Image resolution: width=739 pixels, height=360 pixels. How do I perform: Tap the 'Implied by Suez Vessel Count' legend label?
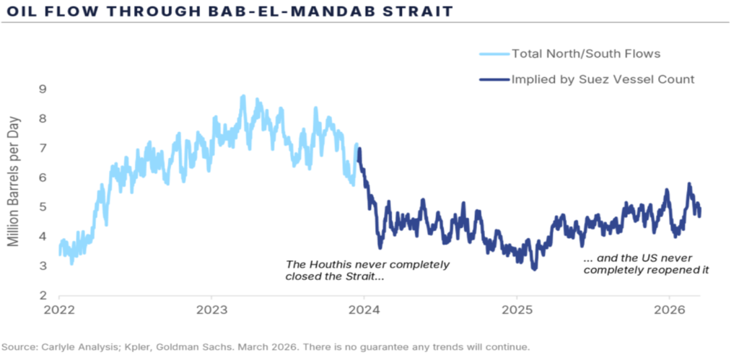(x=603, y=79)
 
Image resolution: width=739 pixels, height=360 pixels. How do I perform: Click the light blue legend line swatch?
(x=493, y=53)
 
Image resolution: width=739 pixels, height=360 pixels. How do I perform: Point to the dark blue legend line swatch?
(x=493, y=79)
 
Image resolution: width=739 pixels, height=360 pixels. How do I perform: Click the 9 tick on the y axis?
(x=43, y=89)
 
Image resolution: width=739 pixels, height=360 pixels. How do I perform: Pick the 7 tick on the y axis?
(x=43, y=149)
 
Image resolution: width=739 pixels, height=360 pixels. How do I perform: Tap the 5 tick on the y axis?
(x=43, y=208)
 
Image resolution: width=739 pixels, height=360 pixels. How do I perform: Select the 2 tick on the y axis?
(x=43, y=297)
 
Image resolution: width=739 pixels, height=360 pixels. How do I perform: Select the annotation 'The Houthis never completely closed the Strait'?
(x=367, y=270)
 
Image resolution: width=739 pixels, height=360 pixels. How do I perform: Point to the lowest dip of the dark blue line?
(x=534, y=268)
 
